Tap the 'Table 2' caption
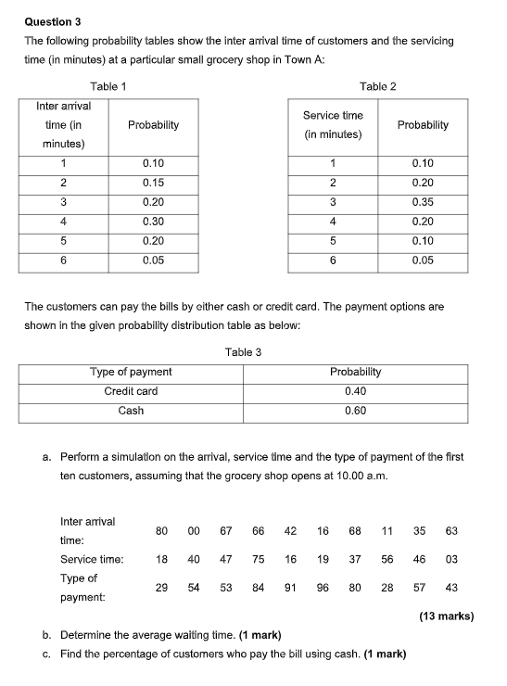point(377,86)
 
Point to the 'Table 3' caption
point(243,352)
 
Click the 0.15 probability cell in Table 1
point(153,183)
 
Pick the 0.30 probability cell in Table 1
point(153,222)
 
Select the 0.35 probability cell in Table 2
point(422,202)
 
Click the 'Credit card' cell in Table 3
point(131,391)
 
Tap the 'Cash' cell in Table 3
point(131,411)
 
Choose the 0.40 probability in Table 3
point(355,391)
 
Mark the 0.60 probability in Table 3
point(355,411)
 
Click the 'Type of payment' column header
point(131,372)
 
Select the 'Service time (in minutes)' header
point(333,124)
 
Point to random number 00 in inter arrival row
point(194,531)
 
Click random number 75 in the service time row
point(259,559)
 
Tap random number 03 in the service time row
point(451,559)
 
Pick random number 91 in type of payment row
point(291,587)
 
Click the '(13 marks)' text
point(446,616)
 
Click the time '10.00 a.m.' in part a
point(361,476)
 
